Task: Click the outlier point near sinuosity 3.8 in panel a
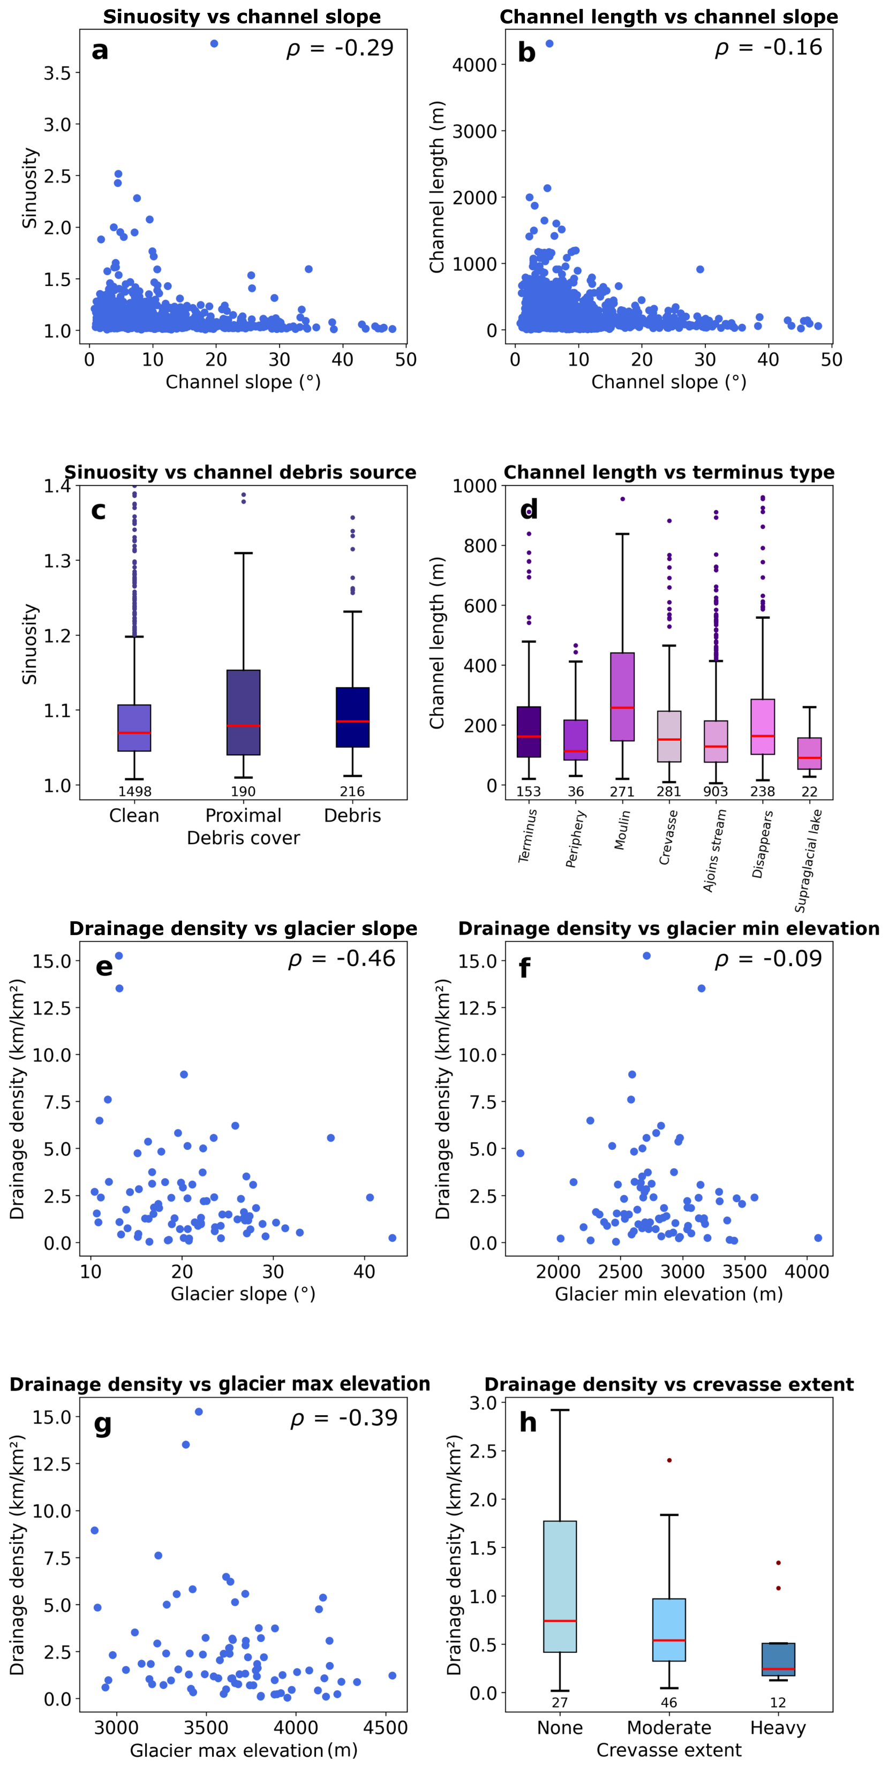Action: pos(214,44)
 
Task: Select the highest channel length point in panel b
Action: pos(550,44)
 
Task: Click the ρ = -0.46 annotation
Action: pos(341,959)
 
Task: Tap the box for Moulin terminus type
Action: pos(622,696)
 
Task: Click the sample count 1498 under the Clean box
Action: pos(134,791)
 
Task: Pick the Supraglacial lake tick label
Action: pos(809,861)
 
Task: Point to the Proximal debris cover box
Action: pos(243,712)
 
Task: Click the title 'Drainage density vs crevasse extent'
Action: pos(669,1384)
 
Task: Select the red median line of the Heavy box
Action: pos(778,1668)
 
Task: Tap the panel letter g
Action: pos(102,1423)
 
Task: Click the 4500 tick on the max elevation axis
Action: pos(385,1727)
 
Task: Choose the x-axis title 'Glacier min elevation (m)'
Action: pos(669,1294)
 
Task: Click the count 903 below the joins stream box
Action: pos(716,791)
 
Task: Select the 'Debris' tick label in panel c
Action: pos(352,815)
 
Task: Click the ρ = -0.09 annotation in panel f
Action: pos(768,959)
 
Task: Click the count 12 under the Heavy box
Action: pos(778,1703)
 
